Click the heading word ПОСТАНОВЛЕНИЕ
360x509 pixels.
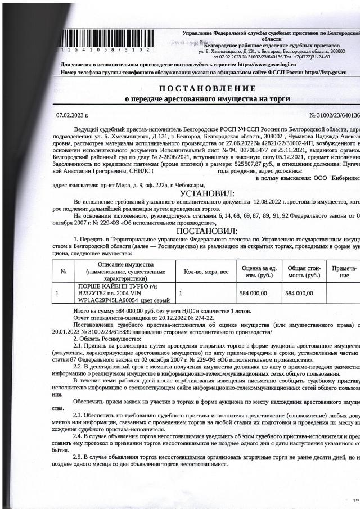click(207, 88)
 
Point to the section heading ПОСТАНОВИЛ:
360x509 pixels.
click(207, 231)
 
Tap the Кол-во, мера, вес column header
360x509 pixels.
click(206, 271)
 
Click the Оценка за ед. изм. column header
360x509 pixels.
click(259, 271)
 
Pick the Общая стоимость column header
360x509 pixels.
click(304, 271)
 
